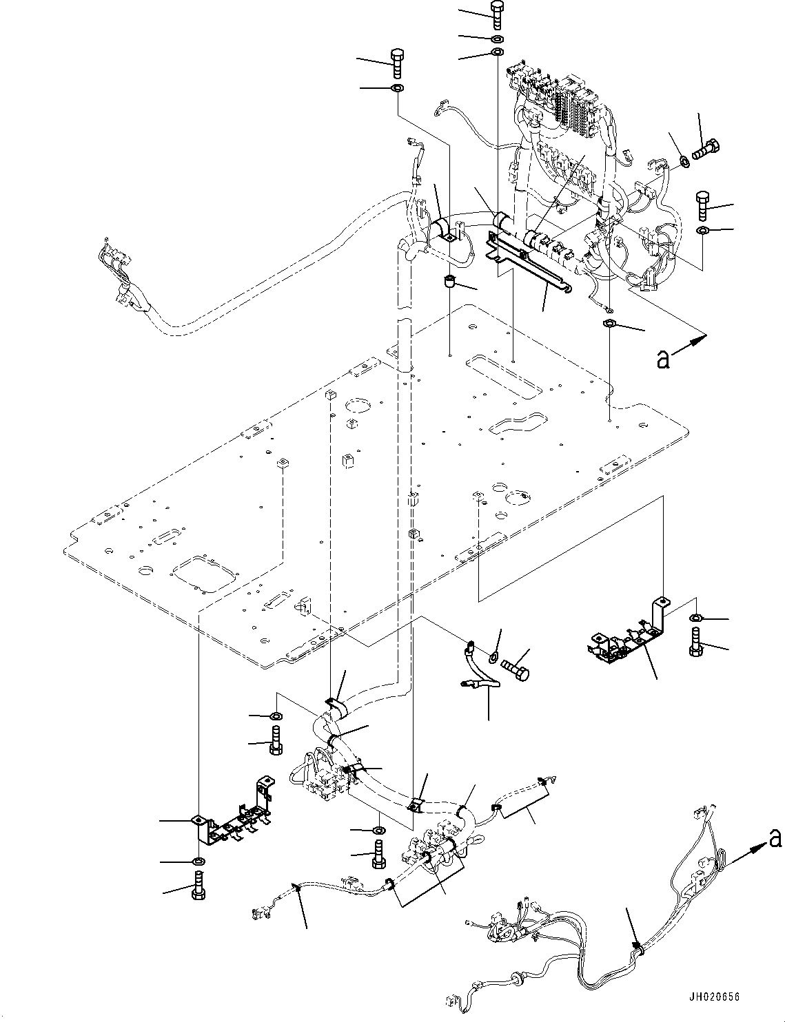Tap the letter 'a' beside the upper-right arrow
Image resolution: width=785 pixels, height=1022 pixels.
pos(662,359)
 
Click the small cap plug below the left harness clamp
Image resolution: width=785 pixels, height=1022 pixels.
pos(449,281)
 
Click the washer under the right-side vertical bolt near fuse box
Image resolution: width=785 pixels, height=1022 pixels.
pos(702,229)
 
